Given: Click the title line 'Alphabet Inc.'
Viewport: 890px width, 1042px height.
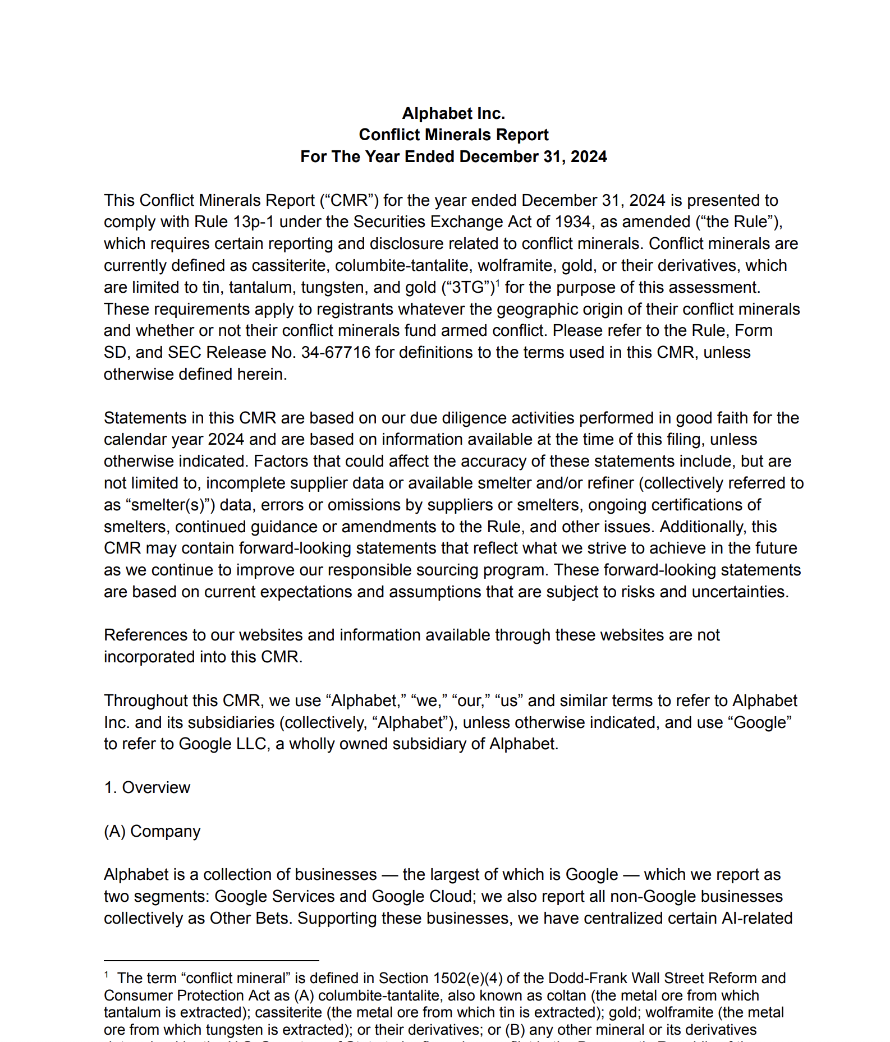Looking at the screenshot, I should [453, 113].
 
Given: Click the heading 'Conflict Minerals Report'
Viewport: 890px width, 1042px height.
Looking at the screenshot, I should [453, 135].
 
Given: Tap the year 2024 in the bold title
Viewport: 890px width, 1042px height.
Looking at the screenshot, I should [588, 156].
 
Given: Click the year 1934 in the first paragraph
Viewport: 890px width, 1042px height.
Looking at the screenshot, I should [572, 222].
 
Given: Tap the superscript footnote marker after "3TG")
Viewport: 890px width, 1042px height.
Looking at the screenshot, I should [498, 283].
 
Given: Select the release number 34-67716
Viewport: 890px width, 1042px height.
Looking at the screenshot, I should [336, 353].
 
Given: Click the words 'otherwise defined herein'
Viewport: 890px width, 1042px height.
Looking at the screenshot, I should [195, 375].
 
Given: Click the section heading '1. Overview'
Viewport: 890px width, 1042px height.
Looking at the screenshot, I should [147, 788].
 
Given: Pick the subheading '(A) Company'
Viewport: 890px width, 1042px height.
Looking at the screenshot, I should [152, 832].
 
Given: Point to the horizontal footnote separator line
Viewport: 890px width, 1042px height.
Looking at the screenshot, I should [211, 960].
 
